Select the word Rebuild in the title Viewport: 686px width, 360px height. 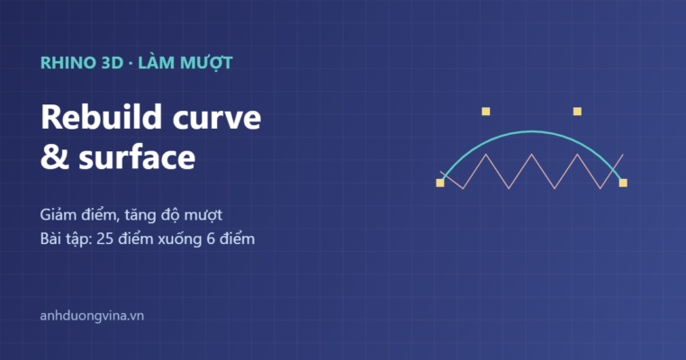coord(102,117)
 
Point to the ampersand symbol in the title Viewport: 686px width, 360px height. coord(55,157)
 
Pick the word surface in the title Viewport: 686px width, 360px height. coord(137,157)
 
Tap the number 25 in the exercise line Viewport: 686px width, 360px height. coord(105,239)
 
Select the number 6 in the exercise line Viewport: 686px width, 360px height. coord(211,239)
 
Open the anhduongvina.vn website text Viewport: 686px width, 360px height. coord(92,316)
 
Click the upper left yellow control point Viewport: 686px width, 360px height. coord(485,112)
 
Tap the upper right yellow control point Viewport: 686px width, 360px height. coord(577,112)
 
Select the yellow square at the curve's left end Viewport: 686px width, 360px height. coord(440,183)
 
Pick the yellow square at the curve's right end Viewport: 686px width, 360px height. coord(623,183)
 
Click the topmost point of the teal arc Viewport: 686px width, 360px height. coord(531,131)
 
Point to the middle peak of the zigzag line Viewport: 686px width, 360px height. coord(531,155)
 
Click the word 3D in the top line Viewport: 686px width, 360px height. coord(113,63)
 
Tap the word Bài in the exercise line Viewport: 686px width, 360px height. coord(50,239)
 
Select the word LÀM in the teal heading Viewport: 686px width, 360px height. coord(157,63)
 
